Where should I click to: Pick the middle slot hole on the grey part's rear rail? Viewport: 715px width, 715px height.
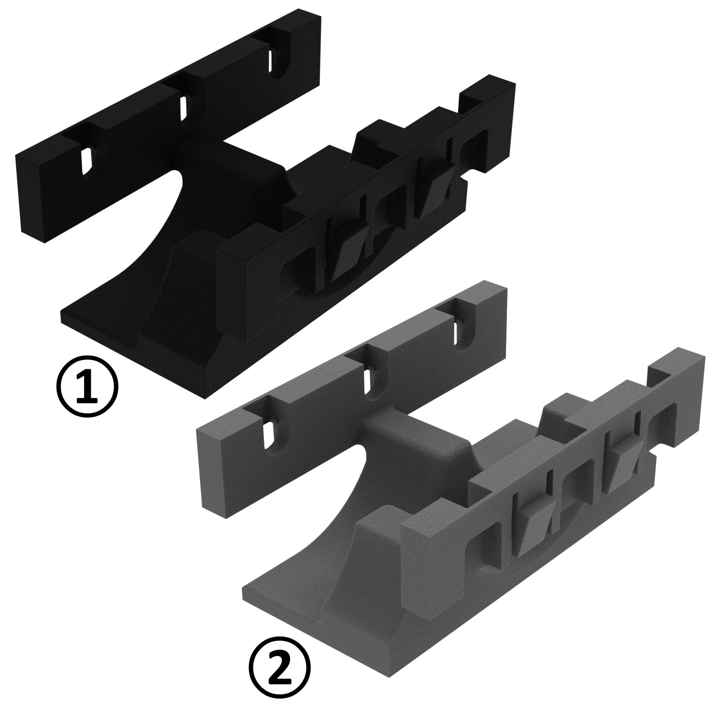[x=368, y=382]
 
